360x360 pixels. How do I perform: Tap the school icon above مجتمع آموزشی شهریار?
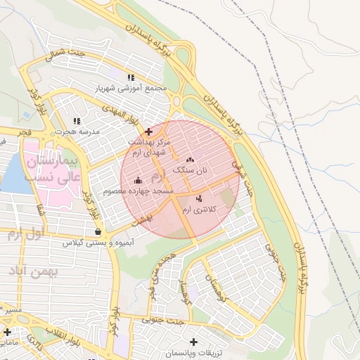coord(130,77)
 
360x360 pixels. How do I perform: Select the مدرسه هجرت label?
coord(77,131)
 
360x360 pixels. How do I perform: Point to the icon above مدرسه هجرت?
coord(77,122)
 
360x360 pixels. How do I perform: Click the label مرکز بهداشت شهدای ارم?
coord(148,146)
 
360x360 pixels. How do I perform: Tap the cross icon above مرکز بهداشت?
coord(148,131)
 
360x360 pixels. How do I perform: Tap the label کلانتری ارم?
coord(200,209)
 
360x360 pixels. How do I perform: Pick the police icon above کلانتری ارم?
coord(200,198)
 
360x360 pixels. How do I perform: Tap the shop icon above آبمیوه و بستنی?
coord(97,231)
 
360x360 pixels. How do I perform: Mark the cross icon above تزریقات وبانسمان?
coord(193,342)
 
